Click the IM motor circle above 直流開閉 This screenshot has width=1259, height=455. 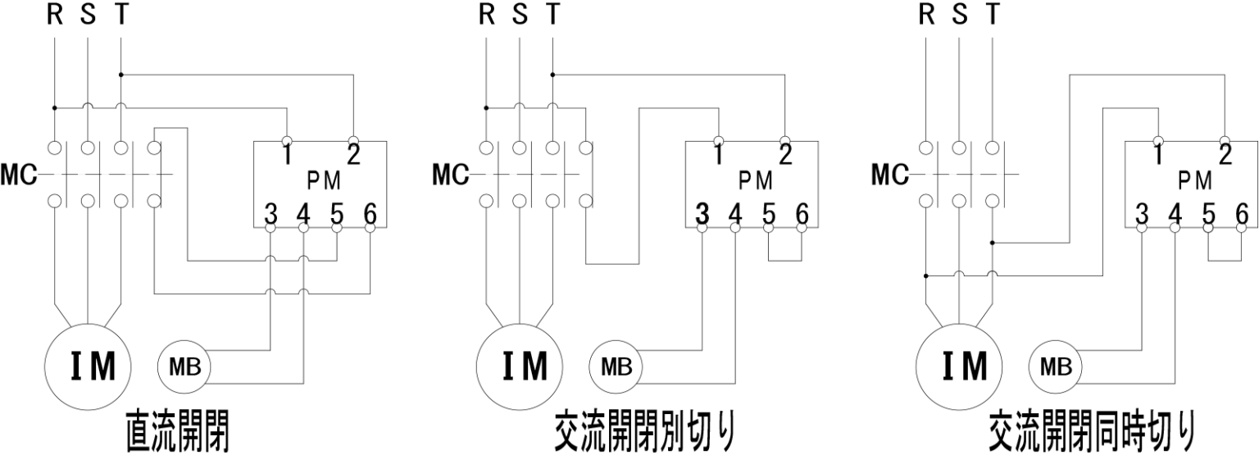point(90,366)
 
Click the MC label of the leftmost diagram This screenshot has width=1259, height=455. point(19,175)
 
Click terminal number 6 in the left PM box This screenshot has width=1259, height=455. point(370,215)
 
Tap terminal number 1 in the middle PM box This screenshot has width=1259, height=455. point(718,154)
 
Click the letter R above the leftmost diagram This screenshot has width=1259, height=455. point(55,16)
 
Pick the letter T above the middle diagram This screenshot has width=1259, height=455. point(553,16)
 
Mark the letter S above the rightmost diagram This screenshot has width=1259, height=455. point(960,16)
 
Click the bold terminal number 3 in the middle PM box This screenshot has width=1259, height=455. point(702,215)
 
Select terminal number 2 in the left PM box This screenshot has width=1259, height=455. point(354,154)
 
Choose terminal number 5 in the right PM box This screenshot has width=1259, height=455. point(1209,215)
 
